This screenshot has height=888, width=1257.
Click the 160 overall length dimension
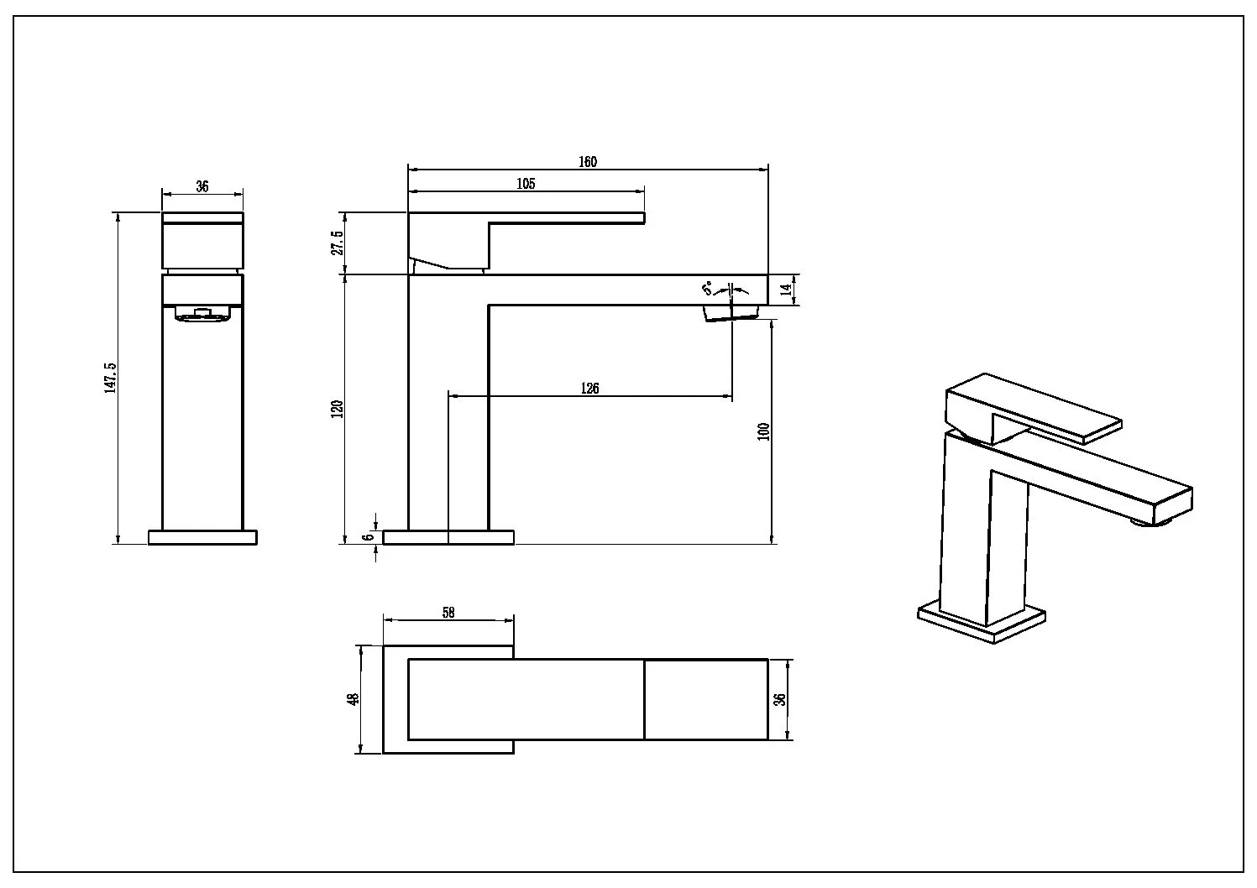[x=588, y=162]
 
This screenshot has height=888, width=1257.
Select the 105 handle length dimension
[x=526, y=184]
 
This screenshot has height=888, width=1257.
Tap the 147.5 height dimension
[x=111, y=378]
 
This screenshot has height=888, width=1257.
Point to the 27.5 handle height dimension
[x=338, y=243]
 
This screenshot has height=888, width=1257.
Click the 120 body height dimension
[x=338, y=410]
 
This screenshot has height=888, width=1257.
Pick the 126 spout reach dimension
[x=589, y=388]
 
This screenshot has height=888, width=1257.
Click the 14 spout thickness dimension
[x=787, y=290]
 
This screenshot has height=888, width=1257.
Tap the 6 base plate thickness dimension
[x=368, y=537]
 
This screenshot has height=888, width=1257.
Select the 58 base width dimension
[x=448, y=613]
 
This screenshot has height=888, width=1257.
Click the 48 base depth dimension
[x=353, y=699]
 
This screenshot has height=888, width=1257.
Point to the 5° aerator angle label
[x=707, y=289]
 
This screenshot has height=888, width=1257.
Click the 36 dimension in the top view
[x=780, y=699]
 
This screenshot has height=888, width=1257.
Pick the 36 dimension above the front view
[x=202, y=186]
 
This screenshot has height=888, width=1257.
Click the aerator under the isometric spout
[x=1161, y=522]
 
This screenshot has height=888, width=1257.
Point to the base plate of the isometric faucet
[x=982, y=623]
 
